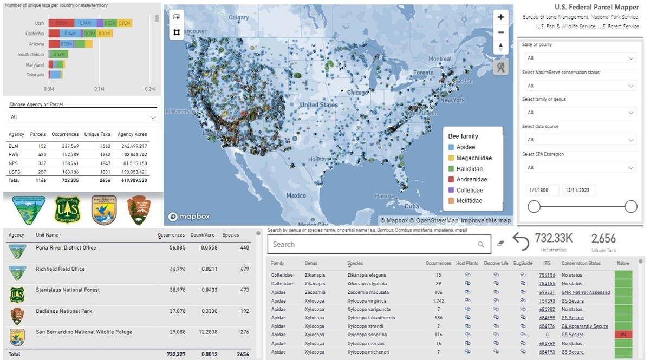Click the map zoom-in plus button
tap(500, 17)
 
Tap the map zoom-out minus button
tap(500, 32)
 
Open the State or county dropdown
tap(579, 58)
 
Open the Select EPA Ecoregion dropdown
tap(579, 167)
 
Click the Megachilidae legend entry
tap(473, 158)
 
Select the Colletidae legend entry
tap(470, 190)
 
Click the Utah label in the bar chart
tap(40, 23)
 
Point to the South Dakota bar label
tap(31, 54)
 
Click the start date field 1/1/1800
tap(542, 190)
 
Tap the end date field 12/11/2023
tap(578, 190)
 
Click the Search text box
tap(374, 245)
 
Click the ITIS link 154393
tap(547, 300)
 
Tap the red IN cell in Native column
tap(623, 335)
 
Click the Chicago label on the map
tap(357, 93)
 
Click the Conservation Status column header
tap(581, 264)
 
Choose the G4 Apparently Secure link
tap(584, 326)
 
